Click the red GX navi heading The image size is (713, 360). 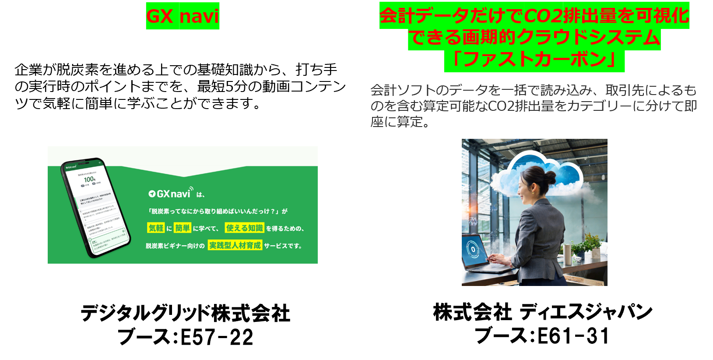tap(183, 16)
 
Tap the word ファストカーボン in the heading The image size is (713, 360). tap(534, 60)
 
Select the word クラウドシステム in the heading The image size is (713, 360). tap(588, 38)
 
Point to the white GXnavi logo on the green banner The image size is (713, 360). tap(171, 194)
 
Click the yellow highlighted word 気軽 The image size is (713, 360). tap(156, 228)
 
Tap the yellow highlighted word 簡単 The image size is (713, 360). tap(183, 228)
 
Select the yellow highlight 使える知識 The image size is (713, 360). tap(244, 228)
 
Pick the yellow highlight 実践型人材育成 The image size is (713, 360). tap(235, 245)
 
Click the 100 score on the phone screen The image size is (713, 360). tap(89, 179)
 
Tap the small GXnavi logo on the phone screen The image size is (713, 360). tap(71, 167)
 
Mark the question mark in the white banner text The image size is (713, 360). tap(273, 211)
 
